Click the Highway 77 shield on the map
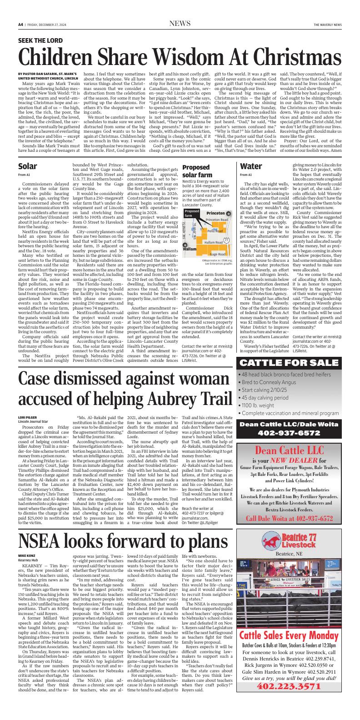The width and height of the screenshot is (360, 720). tap(226, 239)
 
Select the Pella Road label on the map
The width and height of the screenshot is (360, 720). tap(215, 231)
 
